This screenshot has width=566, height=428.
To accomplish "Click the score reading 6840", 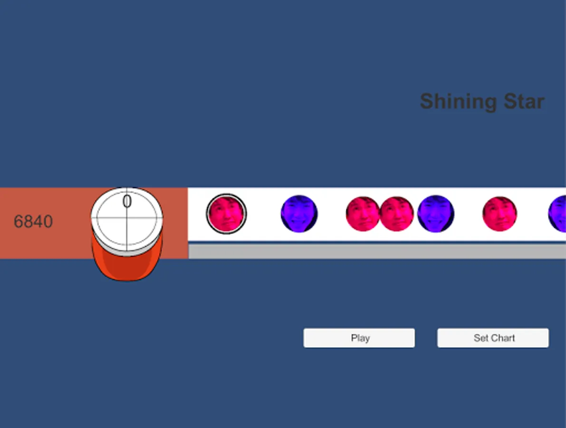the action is [33, 221].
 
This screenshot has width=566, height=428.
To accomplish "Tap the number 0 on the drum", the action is [127, 201].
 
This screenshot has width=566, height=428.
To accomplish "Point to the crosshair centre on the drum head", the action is [127, 218].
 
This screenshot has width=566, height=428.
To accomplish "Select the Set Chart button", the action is [493, 338].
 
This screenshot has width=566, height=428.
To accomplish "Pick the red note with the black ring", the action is [226, 214].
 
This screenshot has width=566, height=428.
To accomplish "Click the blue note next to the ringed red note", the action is [299, 214].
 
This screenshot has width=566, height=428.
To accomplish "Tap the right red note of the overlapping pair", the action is [397, 214].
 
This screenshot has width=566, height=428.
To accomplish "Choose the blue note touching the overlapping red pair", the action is [436, 214].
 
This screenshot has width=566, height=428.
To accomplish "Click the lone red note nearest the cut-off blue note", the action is [499, 214].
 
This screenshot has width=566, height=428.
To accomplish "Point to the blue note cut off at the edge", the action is [557, 214].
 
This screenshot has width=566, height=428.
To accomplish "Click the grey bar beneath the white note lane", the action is [377, 252].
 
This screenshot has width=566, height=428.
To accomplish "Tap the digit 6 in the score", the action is [18, 221].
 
